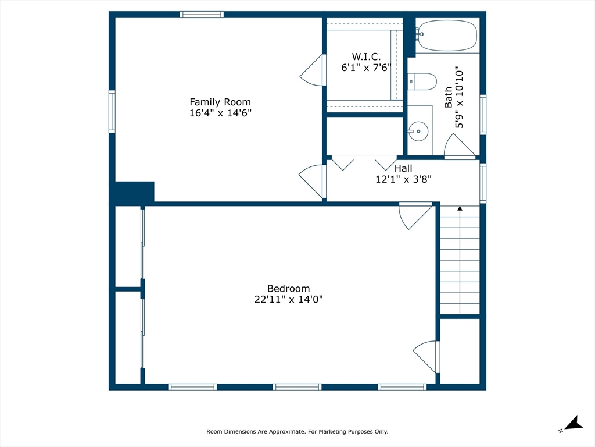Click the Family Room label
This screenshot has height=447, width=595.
pyautogui.click(x=220, y=102)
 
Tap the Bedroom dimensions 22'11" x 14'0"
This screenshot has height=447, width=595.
pyautogui.click(x=288, y=299)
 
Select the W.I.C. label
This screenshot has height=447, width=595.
pyautogui.click(x=366, y=56)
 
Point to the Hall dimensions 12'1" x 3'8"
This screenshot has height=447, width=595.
pyautogui.click(x=403, y=179)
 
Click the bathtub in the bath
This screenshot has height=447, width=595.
pyautogui.click(x=446, y=36)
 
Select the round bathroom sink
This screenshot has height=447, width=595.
pyautogui.click(x=418, y=131)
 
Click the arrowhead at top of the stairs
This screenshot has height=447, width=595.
pyautogui.click(x=460, y=208)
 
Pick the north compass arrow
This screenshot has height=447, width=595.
pyautogui.click(x=574, y=424)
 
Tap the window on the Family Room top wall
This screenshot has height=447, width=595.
pyautogui.click(x=202, y=15)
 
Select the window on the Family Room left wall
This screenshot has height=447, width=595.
pyautogui.click(x=112, y=111)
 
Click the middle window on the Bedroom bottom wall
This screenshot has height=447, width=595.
pyautogui.click(x=297, y=387)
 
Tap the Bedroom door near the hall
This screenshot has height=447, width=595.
pyautogui.click(x=415, y=216)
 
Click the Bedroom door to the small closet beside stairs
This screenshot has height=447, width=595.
pyautogui.click(x=426, y=357)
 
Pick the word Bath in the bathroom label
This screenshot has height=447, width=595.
pyautogui.click(x=449, y=97)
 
